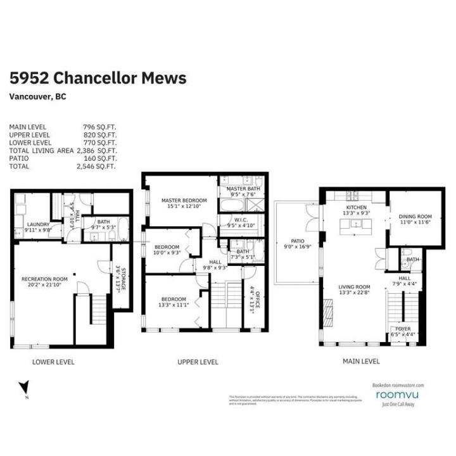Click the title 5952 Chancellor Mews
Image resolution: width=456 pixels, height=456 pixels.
tap(98, 78)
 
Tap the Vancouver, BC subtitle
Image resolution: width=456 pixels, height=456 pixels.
tap(38, 97)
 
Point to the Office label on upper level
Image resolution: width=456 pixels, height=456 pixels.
tap(254, 298)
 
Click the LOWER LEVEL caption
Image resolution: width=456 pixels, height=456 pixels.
tap(53, 362)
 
